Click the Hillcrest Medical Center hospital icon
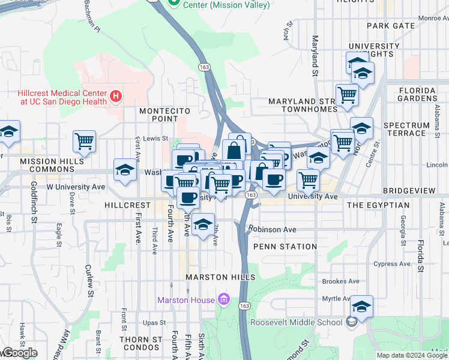point(116,95)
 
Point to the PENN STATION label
point(285,247)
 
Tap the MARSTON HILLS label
point(220,277)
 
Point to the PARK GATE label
point(391,26)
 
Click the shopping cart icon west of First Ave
point(85,142)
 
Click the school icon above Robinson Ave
point(203,224)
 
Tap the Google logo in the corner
point(20,353)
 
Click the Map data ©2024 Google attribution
point(412,355)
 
